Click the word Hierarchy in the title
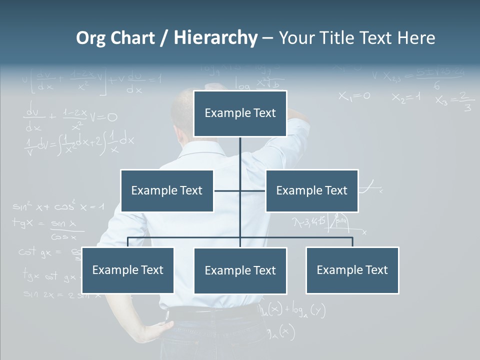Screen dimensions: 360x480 click(x=215, y=38)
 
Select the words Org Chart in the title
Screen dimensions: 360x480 click(x=115, y=38)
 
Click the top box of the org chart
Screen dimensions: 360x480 click(x=240, y=113)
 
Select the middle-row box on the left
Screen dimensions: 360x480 click(x=167, y=190)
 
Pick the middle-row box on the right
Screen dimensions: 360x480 click(x=311, y=190)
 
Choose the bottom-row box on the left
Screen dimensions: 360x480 click(x=127, y=270)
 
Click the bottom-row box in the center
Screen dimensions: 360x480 click(x=240, y=270)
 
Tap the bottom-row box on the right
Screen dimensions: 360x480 click(x=352, y=270)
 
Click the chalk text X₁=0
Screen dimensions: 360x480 click(x=354, y=96)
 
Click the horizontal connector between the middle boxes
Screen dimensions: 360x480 click(x=240, y=190)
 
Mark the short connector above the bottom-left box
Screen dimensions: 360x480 click(x=128, y=242)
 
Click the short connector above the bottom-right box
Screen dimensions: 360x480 click(x=352, y=242)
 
